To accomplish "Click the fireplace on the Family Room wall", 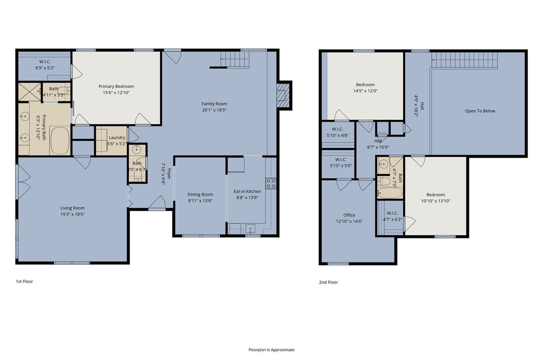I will click(283, 95).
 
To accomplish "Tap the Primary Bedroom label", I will click(116, 86).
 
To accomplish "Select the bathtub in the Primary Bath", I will click(59, 140).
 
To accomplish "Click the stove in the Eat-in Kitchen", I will click(271, 183).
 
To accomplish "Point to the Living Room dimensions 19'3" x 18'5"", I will click(72, 214).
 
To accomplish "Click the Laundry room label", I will click(117, 138).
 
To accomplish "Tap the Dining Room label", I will click(200, 195).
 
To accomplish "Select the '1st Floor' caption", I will click(24, 281).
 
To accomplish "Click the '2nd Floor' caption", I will click(328, 282).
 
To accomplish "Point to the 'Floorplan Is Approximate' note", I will click(271, 350).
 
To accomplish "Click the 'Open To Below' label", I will click(480, 111).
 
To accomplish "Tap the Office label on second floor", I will click(349, 215).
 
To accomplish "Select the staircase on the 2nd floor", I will click(464, 60).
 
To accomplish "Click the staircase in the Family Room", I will click(235, 59).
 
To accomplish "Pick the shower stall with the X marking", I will click(29, 91).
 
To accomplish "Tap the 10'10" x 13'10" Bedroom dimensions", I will click(435, 201).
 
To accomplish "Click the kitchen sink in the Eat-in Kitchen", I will click(250, 228).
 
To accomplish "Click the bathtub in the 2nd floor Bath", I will click(390, 193).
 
